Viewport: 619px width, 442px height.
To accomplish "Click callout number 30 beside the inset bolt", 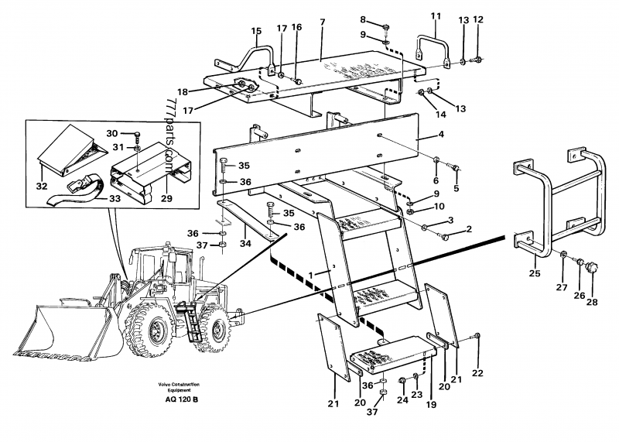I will point(112,133).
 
